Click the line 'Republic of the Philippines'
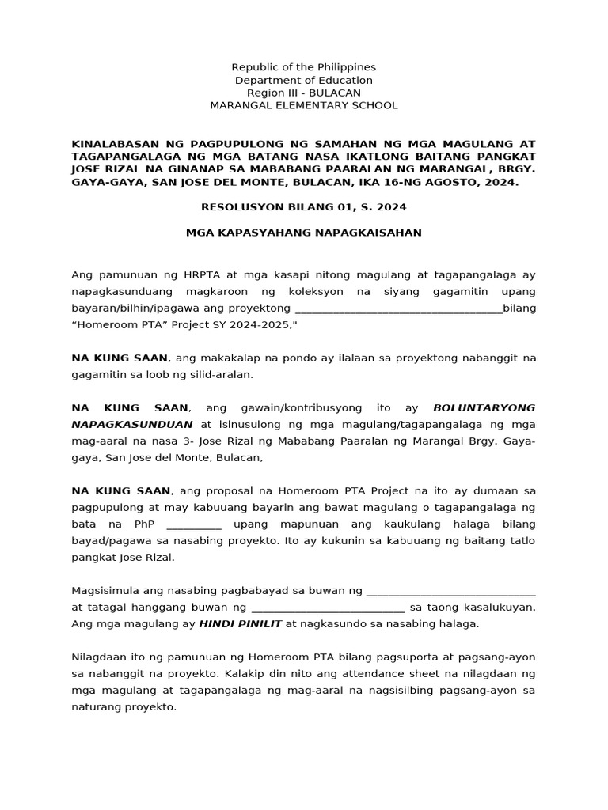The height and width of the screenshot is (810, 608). point(303,67)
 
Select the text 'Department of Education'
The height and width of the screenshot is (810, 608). point(303,80)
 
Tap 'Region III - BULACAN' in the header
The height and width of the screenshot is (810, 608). point(303,93)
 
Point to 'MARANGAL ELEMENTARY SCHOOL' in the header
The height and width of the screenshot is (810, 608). point(303,105)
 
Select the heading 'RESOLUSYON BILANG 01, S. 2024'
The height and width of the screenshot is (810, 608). point(303,207)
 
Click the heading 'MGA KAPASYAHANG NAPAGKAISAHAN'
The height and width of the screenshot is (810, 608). point(303,233)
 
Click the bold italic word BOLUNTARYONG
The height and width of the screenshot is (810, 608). point(484,408)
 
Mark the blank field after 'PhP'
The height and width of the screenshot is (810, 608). point(194,524)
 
